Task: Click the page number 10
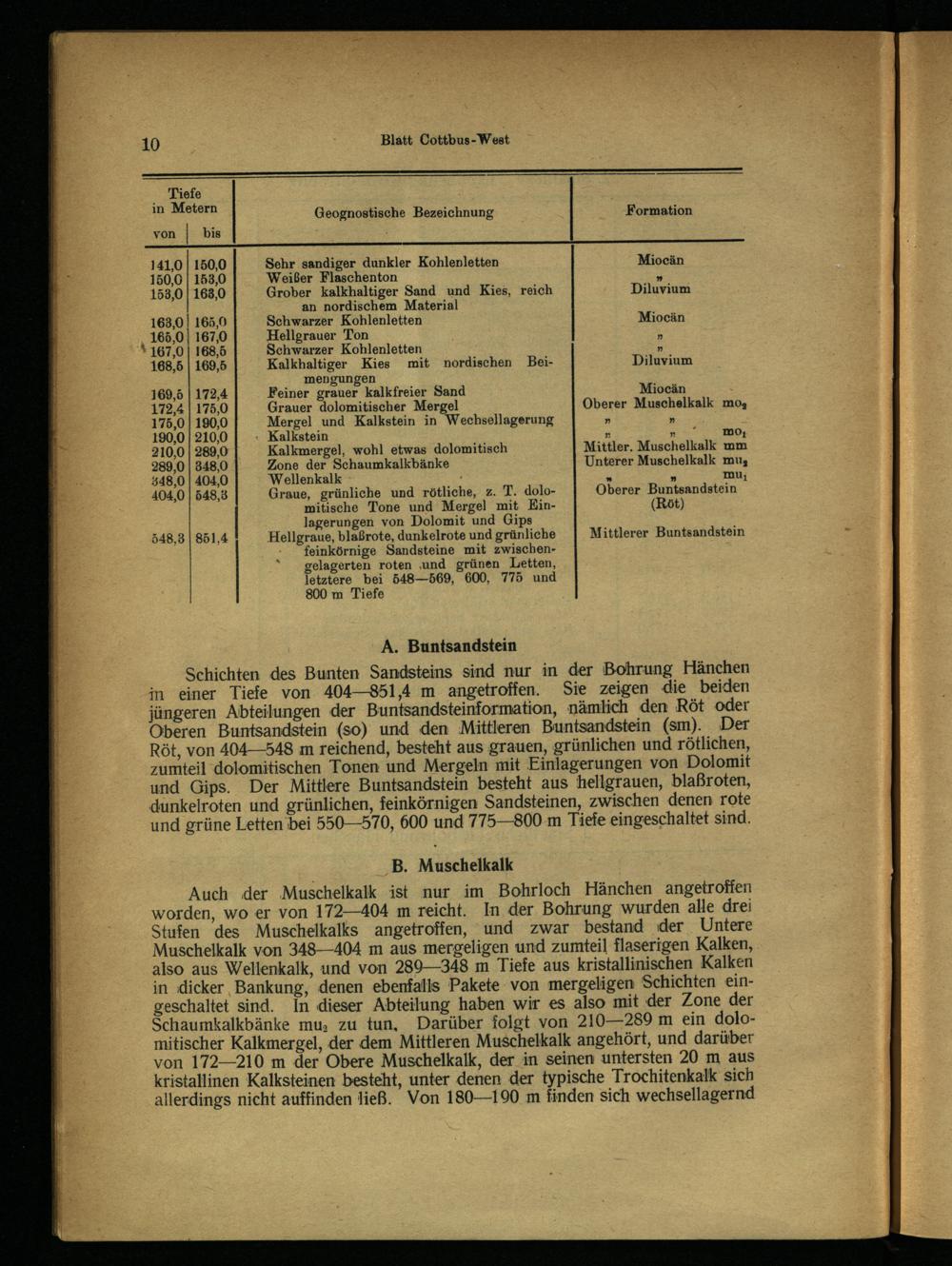click(150, 144)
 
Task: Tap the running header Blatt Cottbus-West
click(445, 140)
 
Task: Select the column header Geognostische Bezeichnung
click(404, 212)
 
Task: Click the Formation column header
click(659, 210)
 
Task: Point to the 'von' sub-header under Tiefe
click(164, 233)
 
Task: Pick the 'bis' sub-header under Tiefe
click(211, 233)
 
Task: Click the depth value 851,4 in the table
click(211, 538)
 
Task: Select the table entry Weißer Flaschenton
click(331, 277)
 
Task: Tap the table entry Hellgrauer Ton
click(317, 335)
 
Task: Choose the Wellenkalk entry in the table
click(305, 479)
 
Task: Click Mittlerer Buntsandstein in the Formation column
click(667, 532)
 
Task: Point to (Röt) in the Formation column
click(666, 504)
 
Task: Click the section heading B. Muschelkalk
click(452, 865)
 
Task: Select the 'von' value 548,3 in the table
click(167, 538)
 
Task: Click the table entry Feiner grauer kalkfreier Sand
click(366, 391)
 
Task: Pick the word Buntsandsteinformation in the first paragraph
click(460, 708)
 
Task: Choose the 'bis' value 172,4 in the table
click(211, 392)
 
